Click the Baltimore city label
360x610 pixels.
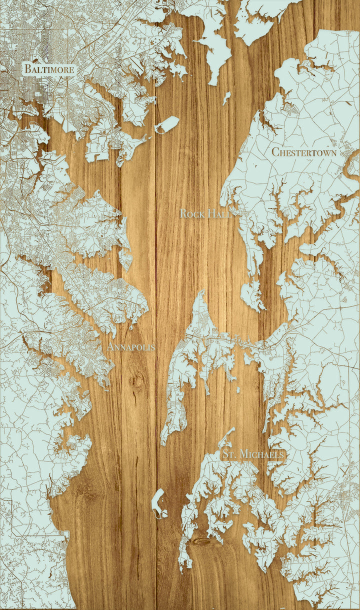coord(49,69)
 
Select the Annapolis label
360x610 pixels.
coord(130,346)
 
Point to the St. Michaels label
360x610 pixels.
coord(254,454)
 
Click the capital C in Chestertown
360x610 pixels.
coord(275,151)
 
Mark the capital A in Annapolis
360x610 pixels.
coord(110,346)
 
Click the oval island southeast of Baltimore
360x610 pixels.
coord(166,125)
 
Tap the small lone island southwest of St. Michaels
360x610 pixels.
coord(158,502)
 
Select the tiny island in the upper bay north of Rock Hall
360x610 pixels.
coord(226,97)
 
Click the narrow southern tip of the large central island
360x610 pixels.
coord(163,440)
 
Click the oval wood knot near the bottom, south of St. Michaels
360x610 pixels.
coord(202,542)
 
